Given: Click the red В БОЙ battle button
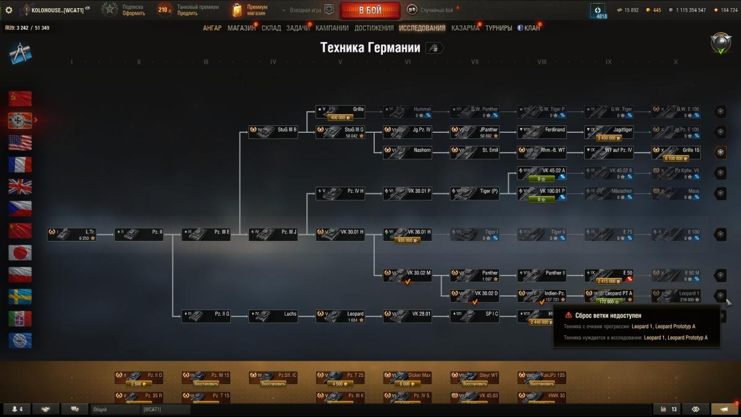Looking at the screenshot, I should [369, 10].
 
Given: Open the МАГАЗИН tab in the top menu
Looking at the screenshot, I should [241, 28].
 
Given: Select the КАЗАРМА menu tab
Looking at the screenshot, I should [465, 28].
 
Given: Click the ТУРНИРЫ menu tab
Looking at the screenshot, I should [498, 28].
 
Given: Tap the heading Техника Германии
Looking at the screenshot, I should [370, 48].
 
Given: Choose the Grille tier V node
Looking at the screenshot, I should [340, 112].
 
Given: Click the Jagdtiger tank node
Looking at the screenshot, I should [609, 132].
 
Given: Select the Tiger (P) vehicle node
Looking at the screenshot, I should [474, 193].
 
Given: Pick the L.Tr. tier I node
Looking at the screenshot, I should [72, 234].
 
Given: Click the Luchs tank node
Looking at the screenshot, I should [273, 316].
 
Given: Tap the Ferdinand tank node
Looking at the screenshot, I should [542, 132].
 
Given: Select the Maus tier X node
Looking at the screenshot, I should [676, 193].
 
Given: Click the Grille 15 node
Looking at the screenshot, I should [676, 153].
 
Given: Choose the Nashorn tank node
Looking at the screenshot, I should [407, 153].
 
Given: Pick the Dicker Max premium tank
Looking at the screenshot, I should [408, 377].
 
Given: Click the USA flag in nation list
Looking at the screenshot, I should [20, 142].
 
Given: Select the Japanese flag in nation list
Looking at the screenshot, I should [20, 253].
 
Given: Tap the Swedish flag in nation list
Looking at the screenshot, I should [20, 297].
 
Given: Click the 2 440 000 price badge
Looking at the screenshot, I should [539, 322].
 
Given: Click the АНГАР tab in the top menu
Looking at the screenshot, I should [212, 28].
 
